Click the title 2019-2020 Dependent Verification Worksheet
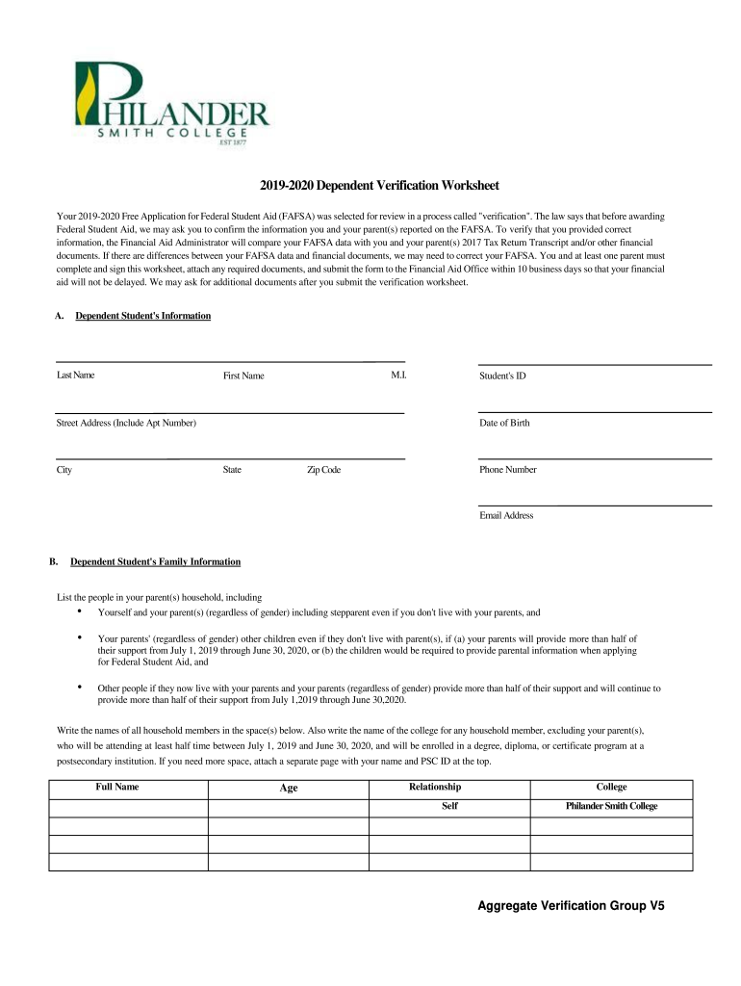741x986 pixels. click(x=370, y=185)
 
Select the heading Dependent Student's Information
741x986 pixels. click(x=142, y=316)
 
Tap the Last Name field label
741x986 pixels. click(x=75, y=375)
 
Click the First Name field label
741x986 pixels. click(x=243, y=376)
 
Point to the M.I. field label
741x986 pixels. click(x=398, y=375)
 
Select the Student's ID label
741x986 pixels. click(x=502, y=376)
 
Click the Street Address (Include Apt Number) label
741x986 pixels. click(x=126, y=423)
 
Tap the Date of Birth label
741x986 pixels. click(x=504, y=423)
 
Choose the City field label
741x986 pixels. click(x=64, y=470)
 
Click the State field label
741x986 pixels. click(x=232, y=470)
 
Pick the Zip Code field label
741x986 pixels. click(x=323, y=470)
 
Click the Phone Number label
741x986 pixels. click(x=508, y=470)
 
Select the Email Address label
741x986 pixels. click(x=506, y=515)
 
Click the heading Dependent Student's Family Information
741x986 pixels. click(x=155, y=561)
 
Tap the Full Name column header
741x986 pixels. click(x=117, y=787)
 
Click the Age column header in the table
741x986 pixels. click(x=289, y=788)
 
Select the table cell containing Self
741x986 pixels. click(x=449, y=806)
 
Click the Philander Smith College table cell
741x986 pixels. click(x=611, y=806)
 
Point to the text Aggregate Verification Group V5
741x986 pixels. click(x=572, y=906)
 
